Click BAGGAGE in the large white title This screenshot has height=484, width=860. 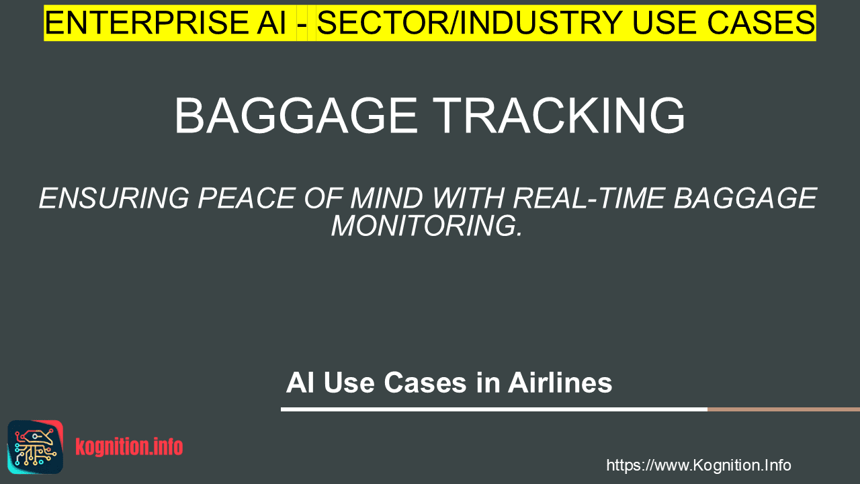pos(296,116)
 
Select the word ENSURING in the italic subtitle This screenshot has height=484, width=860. pos(114,198)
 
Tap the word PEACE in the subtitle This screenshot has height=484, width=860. pos(246,198)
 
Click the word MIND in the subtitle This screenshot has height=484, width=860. pos(386,198)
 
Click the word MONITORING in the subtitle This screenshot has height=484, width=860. pos(427,227)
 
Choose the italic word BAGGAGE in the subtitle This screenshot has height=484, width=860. pos(745,198)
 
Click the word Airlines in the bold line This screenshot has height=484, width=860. pos(560,382)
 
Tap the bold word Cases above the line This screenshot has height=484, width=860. pos(425,382)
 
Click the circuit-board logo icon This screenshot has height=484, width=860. pos(36,447)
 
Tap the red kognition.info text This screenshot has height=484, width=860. pos(129,447)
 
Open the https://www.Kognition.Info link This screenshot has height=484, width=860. pos(698,466)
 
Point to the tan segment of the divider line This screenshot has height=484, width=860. pos(783,409)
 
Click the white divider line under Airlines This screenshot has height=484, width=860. pos(494,409)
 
